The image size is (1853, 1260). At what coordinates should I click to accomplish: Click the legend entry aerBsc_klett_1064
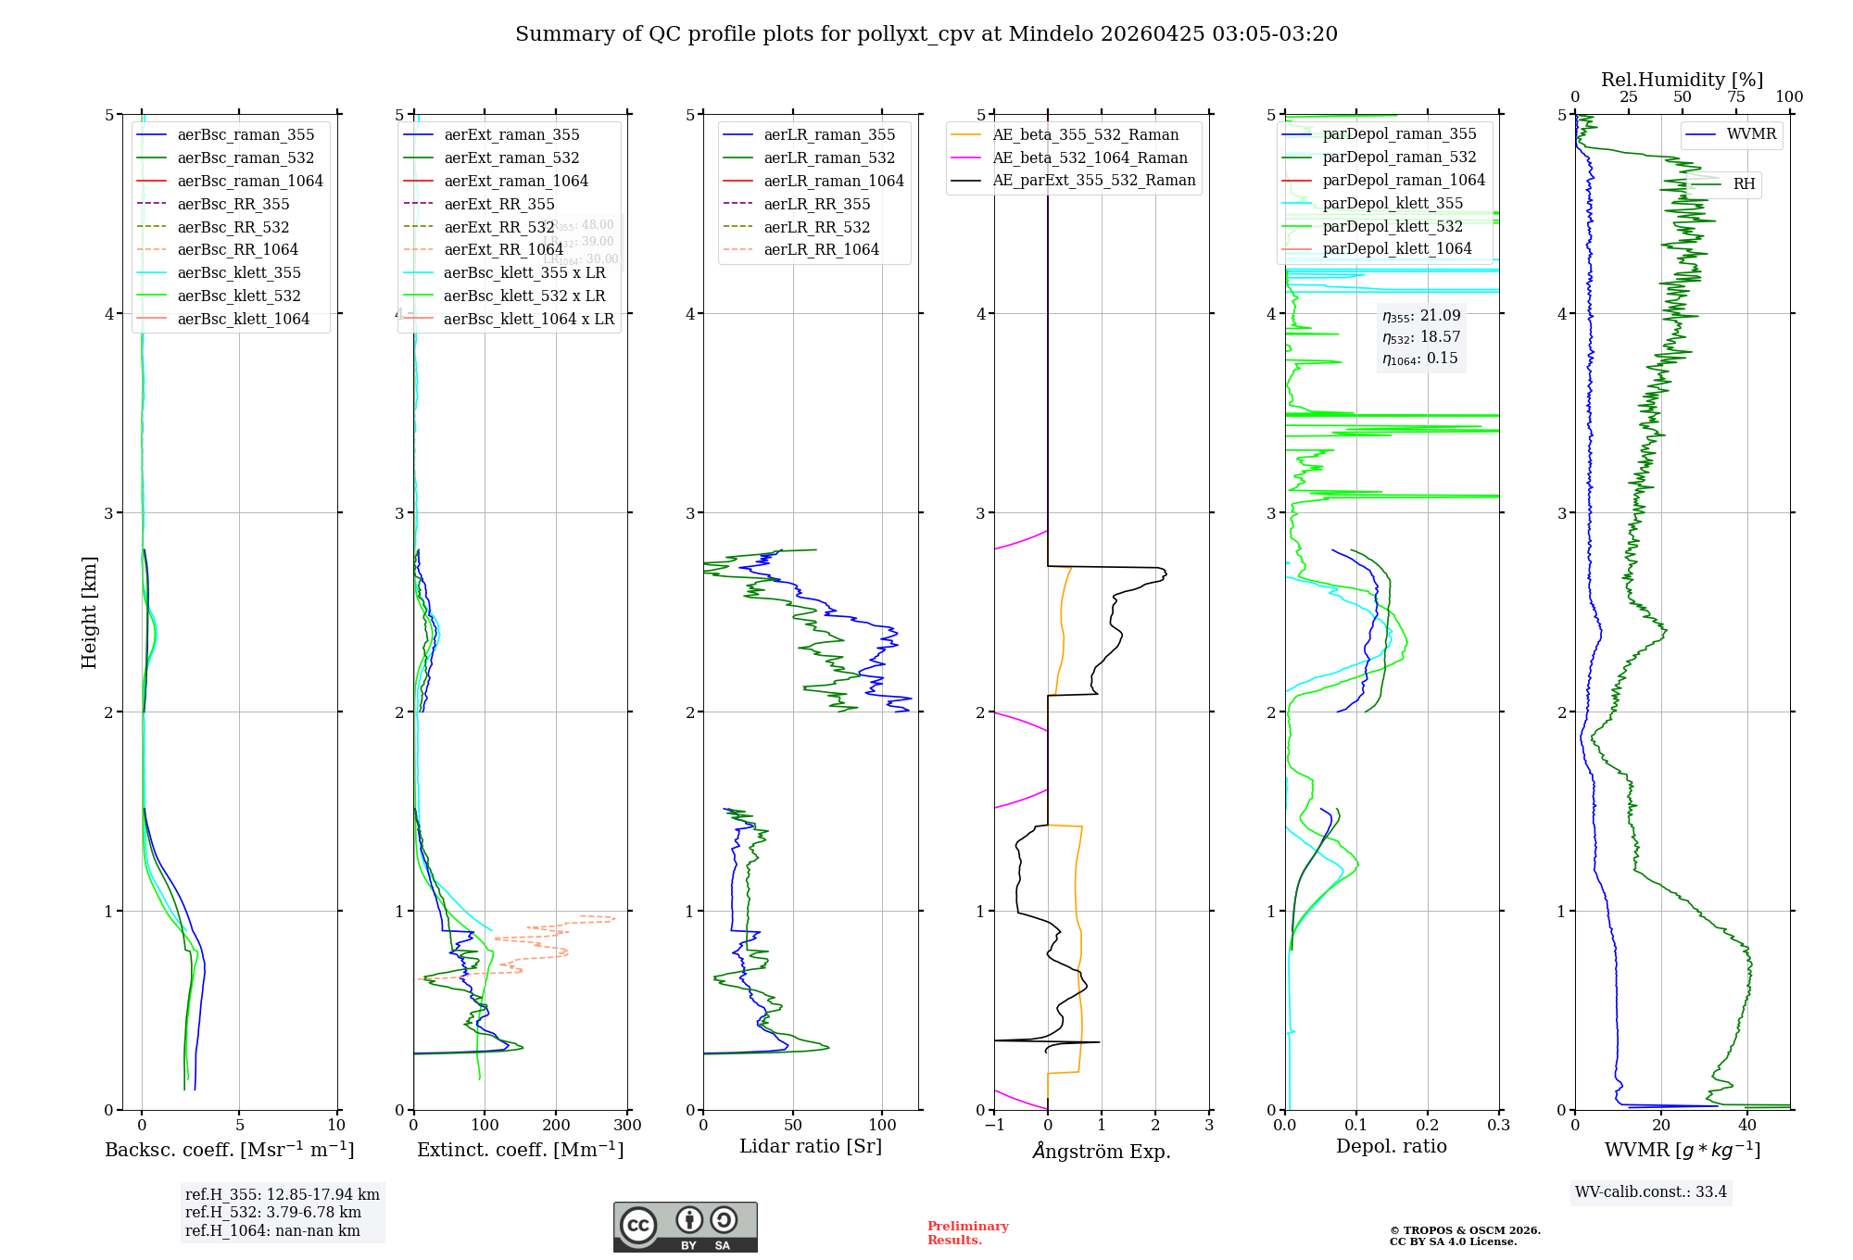(243, 319)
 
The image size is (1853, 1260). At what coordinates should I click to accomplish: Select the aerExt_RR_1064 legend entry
(503, 249)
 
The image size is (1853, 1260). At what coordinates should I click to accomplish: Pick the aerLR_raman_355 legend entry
(829, 134)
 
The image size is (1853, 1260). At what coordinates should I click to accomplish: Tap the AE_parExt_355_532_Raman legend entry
(1093, 180)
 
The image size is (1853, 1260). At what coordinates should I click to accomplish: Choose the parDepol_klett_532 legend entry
(1393, 226)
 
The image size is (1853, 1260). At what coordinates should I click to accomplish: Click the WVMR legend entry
(1751, 134)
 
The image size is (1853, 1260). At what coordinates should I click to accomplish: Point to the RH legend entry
(1744, 183)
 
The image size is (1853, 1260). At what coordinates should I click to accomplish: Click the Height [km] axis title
(89, 611)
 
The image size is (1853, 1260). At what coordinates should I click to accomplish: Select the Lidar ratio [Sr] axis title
(811, 1146)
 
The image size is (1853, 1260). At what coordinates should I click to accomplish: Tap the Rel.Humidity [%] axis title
(1682, 80)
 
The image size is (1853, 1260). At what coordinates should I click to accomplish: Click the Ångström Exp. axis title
(1102, 1151)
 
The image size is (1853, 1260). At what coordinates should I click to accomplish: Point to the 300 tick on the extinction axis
(628, 1126)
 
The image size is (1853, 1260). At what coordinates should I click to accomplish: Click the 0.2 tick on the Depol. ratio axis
(1428, 1126)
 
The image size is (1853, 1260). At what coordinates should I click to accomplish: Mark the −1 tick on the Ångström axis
(994, 1126)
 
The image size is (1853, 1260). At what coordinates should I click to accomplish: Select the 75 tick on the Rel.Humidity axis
(1736, 97)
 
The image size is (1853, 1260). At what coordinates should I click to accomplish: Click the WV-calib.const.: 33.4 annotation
(1651, 1191)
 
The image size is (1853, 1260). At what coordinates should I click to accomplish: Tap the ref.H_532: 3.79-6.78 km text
(273, 1212)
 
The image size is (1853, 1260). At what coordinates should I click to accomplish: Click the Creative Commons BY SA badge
(685, 1227)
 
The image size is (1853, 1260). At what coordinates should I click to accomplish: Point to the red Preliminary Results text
(967, 1233)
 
